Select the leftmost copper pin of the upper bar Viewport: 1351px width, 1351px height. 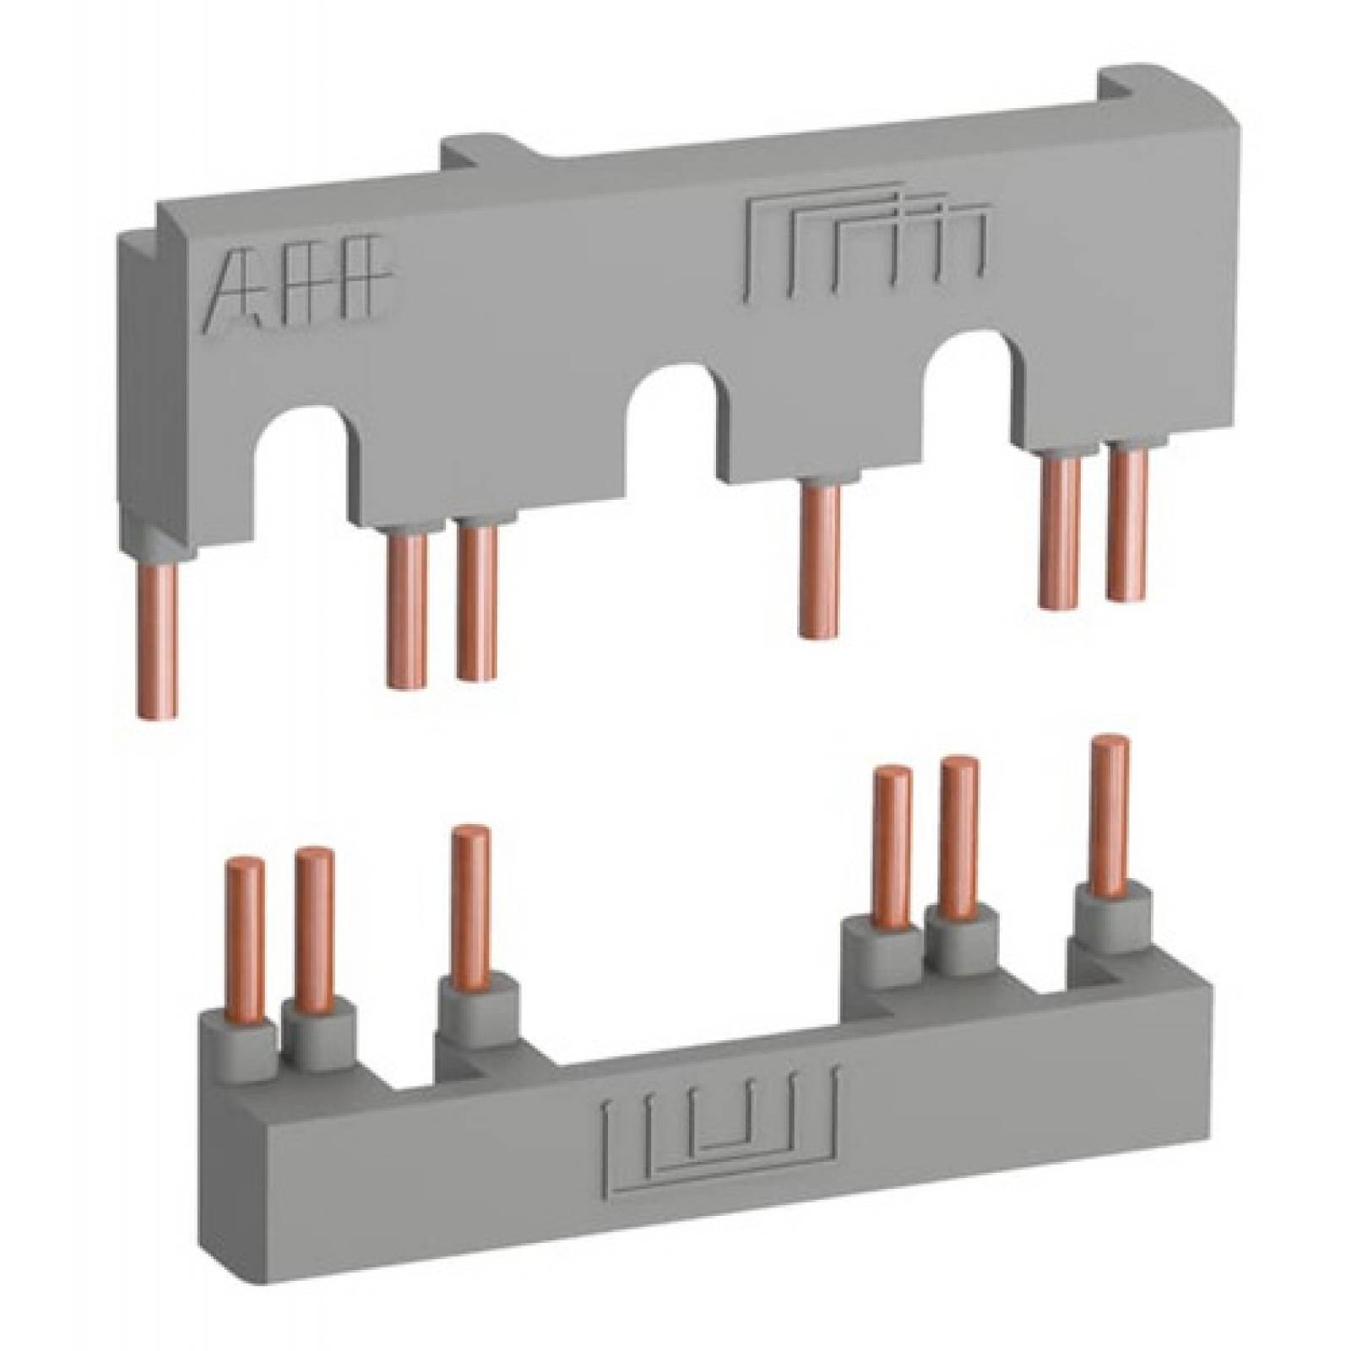[x=158, y=638]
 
